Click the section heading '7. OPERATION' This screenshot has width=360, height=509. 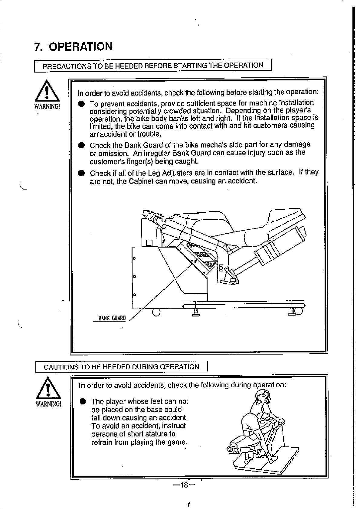tap(73, 47)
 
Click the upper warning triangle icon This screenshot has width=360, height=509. tap(47, 91)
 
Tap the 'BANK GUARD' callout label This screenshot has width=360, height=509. tap(112, 318)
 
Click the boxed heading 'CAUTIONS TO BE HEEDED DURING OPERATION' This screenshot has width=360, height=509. tap(121, 367)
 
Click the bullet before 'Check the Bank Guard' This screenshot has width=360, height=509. tap(81, 145)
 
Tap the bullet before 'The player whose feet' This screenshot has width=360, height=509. tap(82, 401)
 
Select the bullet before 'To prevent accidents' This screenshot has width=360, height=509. tap(81, 104)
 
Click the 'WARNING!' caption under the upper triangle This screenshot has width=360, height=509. tap(47, 107)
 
